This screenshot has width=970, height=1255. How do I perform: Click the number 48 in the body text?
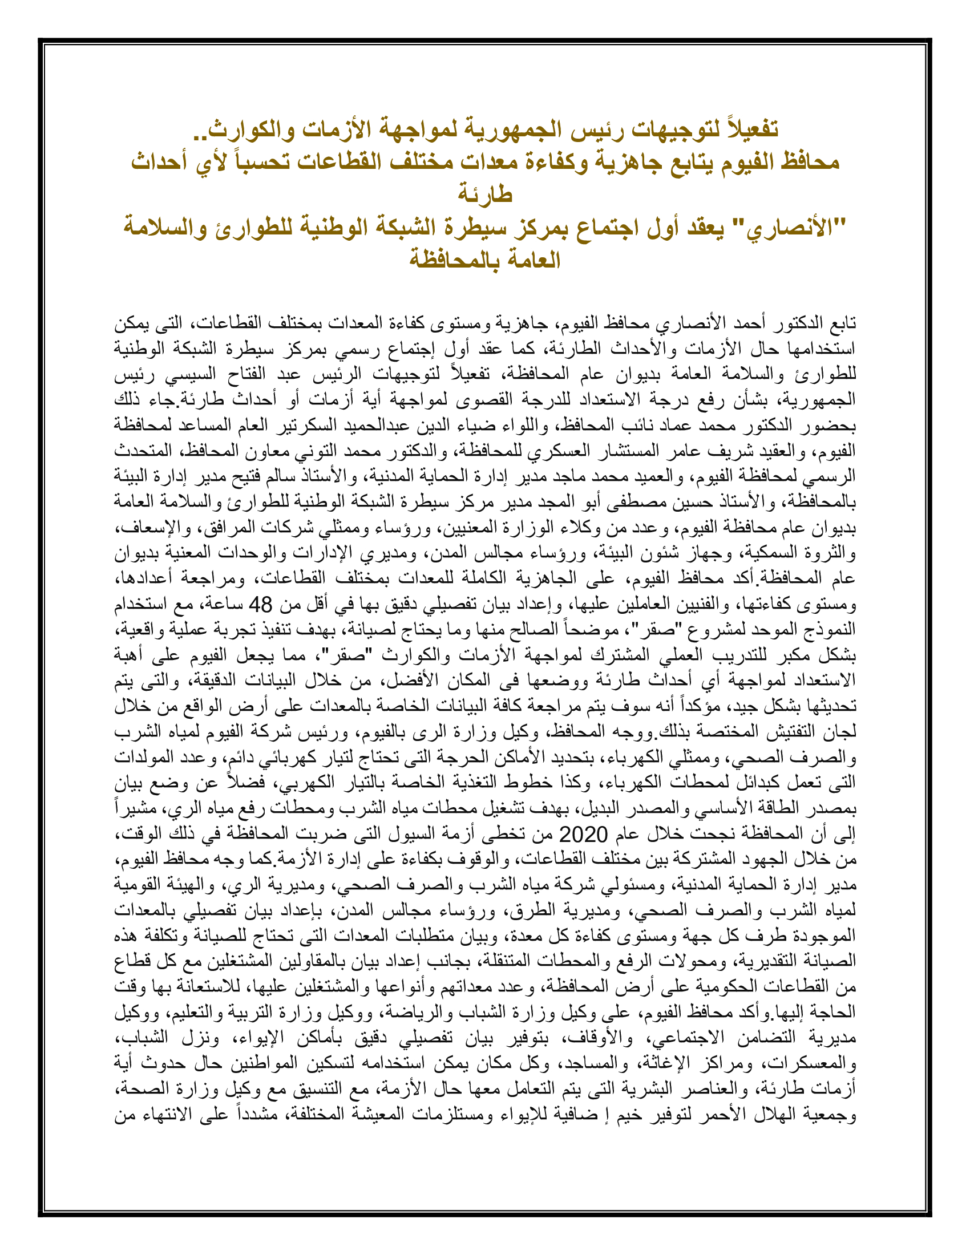[259, 605]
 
